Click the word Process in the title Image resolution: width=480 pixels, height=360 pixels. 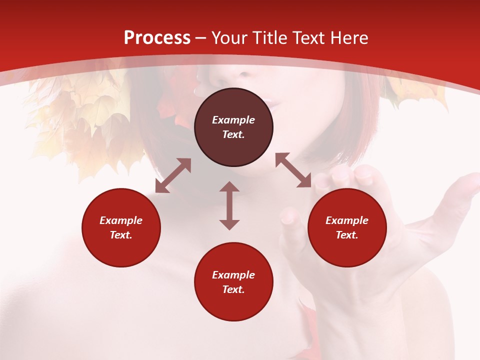coord(157,38)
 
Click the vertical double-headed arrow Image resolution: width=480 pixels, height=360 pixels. coord(229,205)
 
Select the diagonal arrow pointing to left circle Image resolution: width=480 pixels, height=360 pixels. coord(173,175)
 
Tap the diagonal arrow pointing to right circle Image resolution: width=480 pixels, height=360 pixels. coord(293,170)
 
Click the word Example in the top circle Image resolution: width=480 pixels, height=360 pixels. coord(233,120)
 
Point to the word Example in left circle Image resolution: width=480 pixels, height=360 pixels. coord(121,220)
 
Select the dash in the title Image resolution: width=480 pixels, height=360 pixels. coord(201,38)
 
